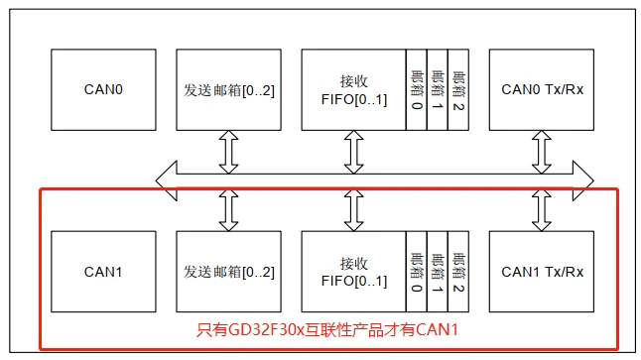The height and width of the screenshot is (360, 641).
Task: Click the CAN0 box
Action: click(x=102, y=90)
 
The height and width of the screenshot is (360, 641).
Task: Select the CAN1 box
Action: click(x=102, y=271)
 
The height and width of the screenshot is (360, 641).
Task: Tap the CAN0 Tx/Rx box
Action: click(x=542, y=90)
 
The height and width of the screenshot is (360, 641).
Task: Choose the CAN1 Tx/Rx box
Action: click(x=542, y=271)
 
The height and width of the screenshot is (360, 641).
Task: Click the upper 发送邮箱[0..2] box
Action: click(x=228, y=90)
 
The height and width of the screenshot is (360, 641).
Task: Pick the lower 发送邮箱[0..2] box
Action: click(x=228, y=271)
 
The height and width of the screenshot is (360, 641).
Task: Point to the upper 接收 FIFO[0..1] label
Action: click(x=353, y=90)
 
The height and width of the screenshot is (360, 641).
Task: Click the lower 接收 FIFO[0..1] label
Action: click(x=353, y=271)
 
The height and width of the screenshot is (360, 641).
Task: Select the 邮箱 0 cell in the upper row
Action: click(x=415, y=90)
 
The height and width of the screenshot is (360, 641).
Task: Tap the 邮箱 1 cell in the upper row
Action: click(x=437, y=90)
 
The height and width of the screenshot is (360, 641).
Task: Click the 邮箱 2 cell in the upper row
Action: click(x=457, y=90)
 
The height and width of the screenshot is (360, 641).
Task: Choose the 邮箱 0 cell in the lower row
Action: click(x=415, y=271)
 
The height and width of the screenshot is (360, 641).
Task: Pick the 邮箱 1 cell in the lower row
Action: click(x=437, y=271)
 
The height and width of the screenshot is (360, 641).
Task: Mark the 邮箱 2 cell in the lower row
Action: click(x=457, y=271)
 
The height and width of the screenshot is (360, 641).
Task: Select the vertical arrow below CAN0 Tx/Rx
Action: click(x=542, y=152)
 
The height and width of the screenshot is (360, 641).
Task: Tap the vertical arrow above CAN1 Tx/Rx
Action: click(x=542, y=209)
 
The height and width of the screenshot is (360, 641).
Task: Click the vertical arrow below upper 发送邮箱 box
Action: click(x=228, y=152)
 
